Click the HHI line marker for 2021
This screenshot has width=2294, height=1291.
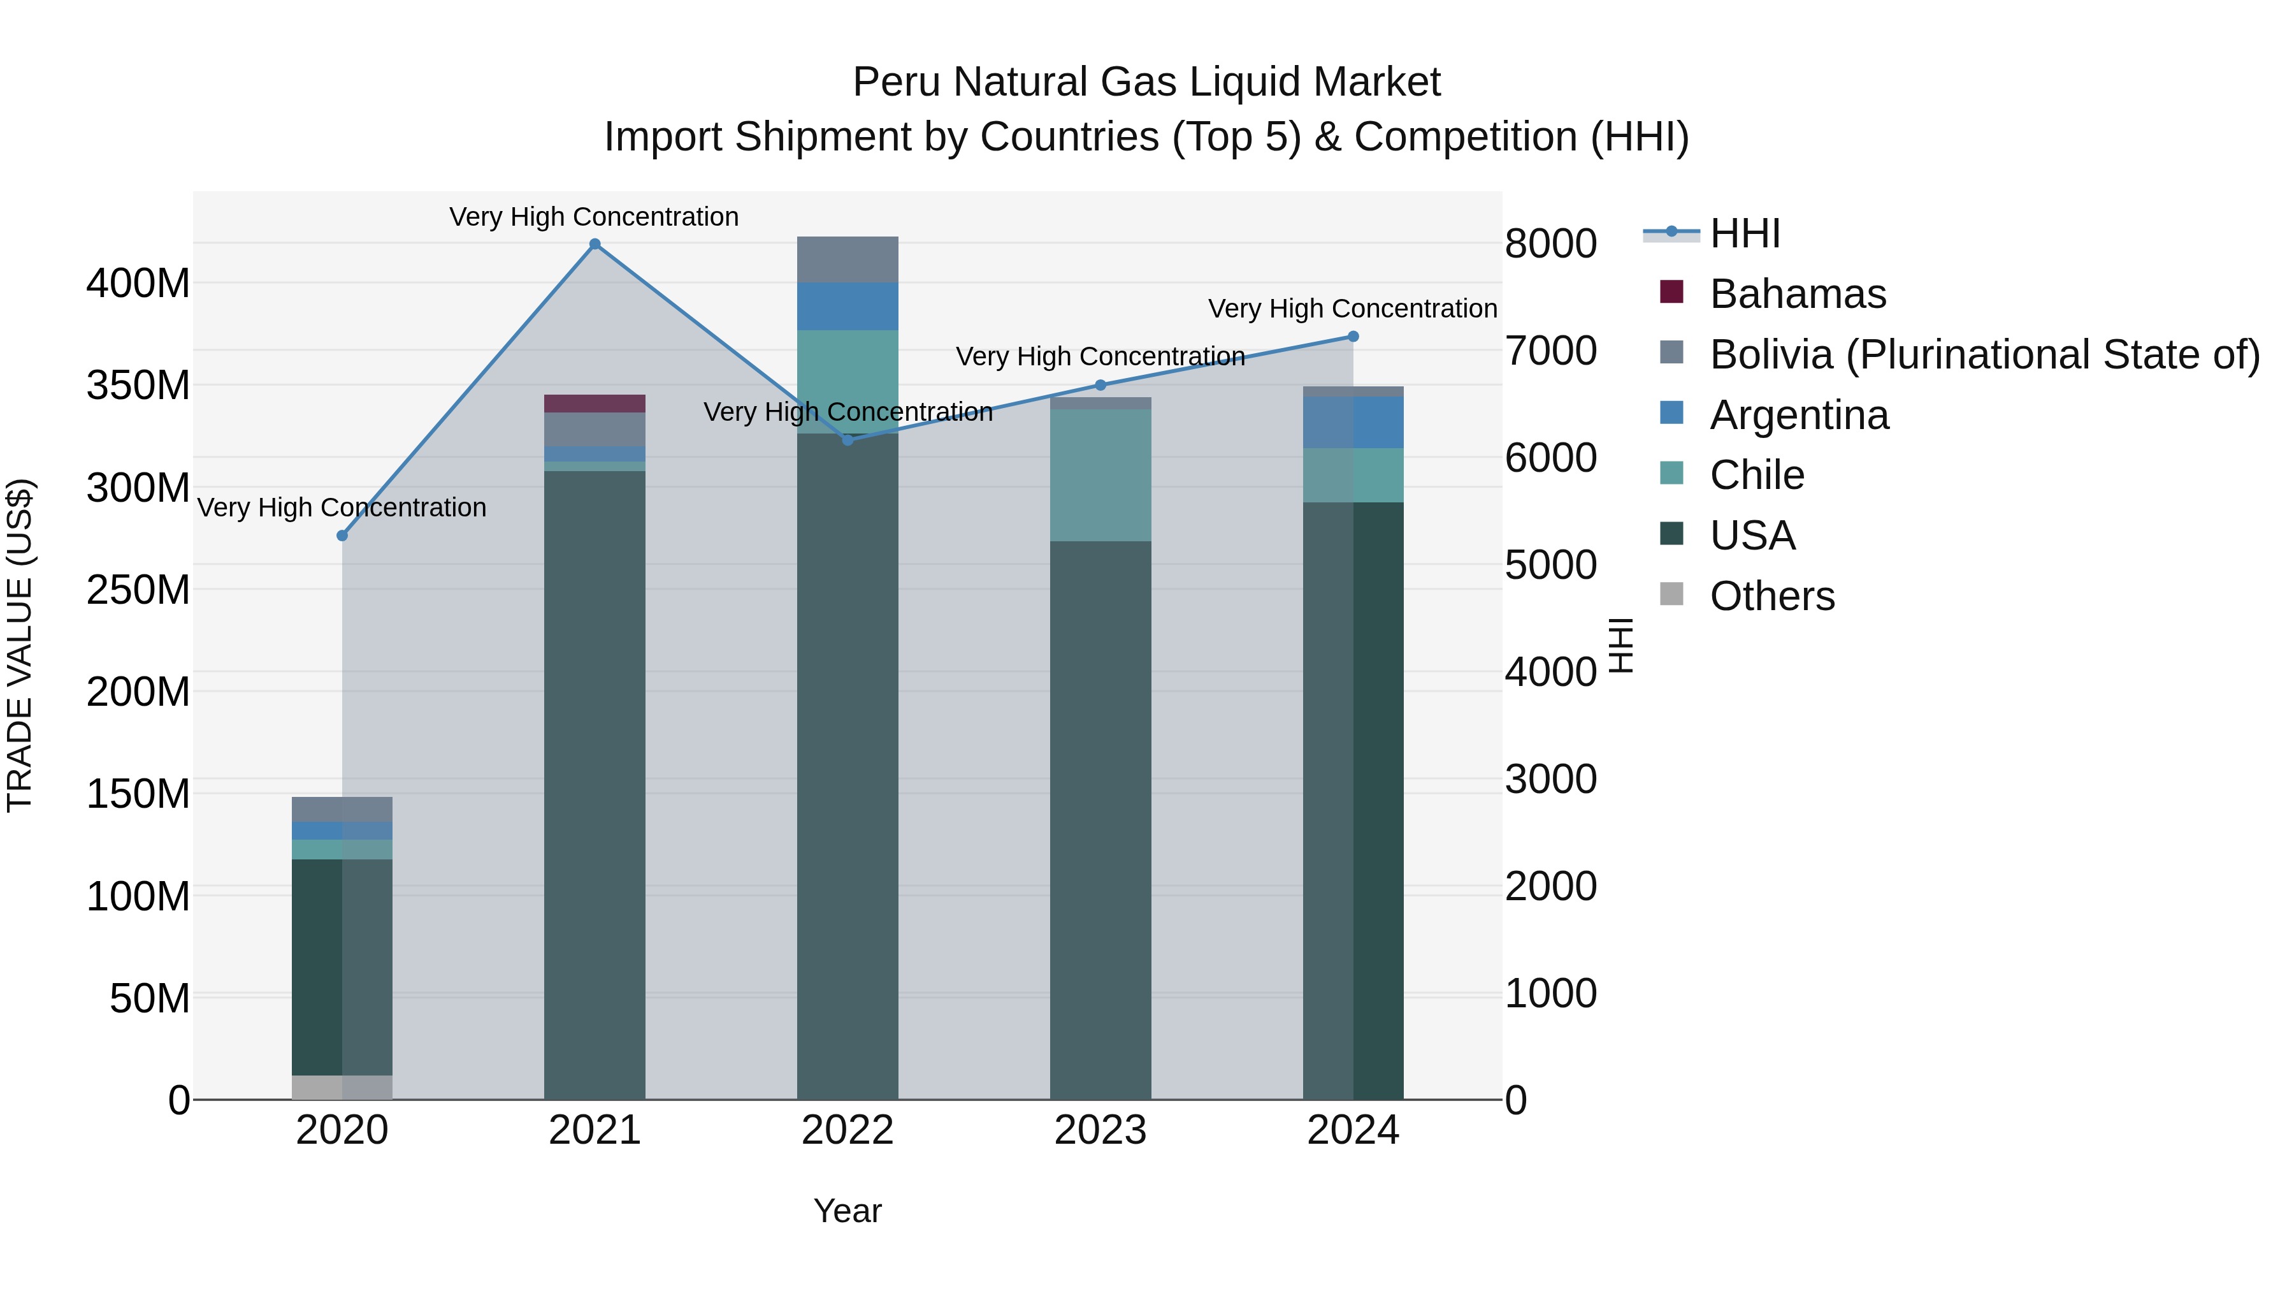coord(595,244)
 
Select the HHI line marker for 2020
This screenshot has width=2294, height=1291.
coord(342,536)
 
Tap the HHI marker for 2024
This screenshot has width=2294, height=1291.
coord(1353,337)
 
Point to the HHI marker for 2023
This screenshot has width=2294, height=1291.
coord(1100,385)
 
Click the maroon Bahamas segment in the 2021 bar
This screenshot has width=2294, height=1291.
coord(595,404)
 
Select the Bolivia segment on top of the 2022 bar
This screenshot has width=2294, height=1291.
coord(847,259)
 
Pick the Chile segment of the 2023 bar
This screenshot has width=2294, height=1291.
coord(1100,475)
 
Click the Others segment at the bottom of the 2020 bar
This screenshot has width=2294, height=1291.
coord(342,1087)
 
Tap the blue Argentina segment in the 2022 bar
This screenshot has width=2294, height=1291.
coord(847,307)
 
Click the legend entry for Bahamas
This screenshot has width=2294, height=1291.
coord(1797,294)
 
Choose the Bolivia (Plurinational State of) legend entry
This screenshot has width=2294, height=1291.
coord(1984,354)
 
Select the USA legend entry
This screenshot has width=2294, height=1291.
coord(1752,536)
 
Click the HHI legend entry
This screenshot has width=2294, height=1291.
coord(1743,233)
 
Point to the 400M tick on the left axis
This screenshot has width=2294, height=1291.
coord(138,284)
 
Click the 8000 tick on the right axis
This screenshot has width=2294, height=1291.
coord(1550,244)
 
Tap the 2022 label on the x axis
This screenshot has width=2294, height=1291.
coord(847,1130)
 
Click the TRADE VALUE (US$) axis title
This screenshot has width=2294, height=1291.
coord(20,645)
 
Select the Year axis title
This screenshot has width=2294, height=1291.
coord(847,1211)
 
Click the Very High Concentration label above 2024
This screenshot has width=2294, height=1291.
coord(1352,309)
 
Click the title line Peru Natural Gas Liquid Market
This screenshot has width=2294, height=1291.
coord(1146,82)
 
